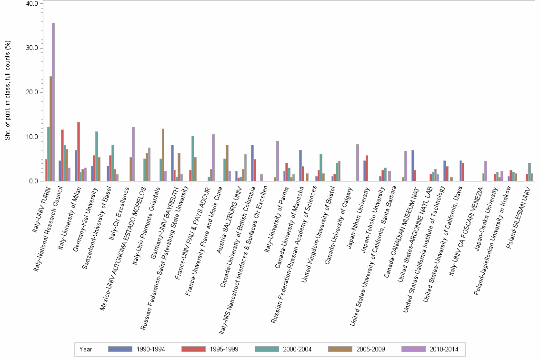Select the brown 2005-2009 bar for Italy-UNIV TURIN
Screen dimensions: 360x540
coord(50,129)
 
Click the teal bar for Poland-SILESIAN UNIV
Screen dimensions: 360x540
coord(529,172)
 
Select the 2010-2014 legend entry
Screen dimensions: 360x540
coord(430,349)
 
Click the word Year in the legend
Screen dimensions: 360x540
coord(86,349)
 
